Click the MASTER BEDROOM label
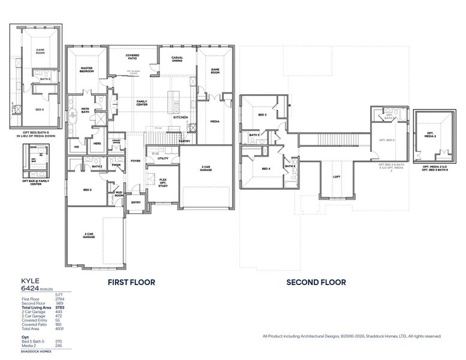(x=87, y=70)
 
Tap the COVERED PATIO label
(x=133, y=58)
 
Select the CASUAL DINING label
(x=177, y=59)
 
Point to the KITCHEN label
(x=181, y=117)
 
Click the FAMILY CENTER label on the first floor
(x=142, y=103)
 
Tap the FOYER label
(x=136, y=161)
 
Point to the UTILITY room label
(x=163, y=158)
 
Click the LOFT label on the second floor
(x=336, y=177)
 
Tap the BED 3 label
(x=262, y=115)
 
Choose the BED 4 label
(x=266, y=169)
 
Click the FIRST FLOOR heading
(x=131, y=282)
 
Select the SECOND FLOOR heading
(x=315, y=282)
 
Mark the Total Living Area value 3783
(x=59, y=307)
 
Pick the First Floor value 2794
(x=59, y=299)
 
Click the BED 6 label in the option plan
(x=40, y=110)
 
